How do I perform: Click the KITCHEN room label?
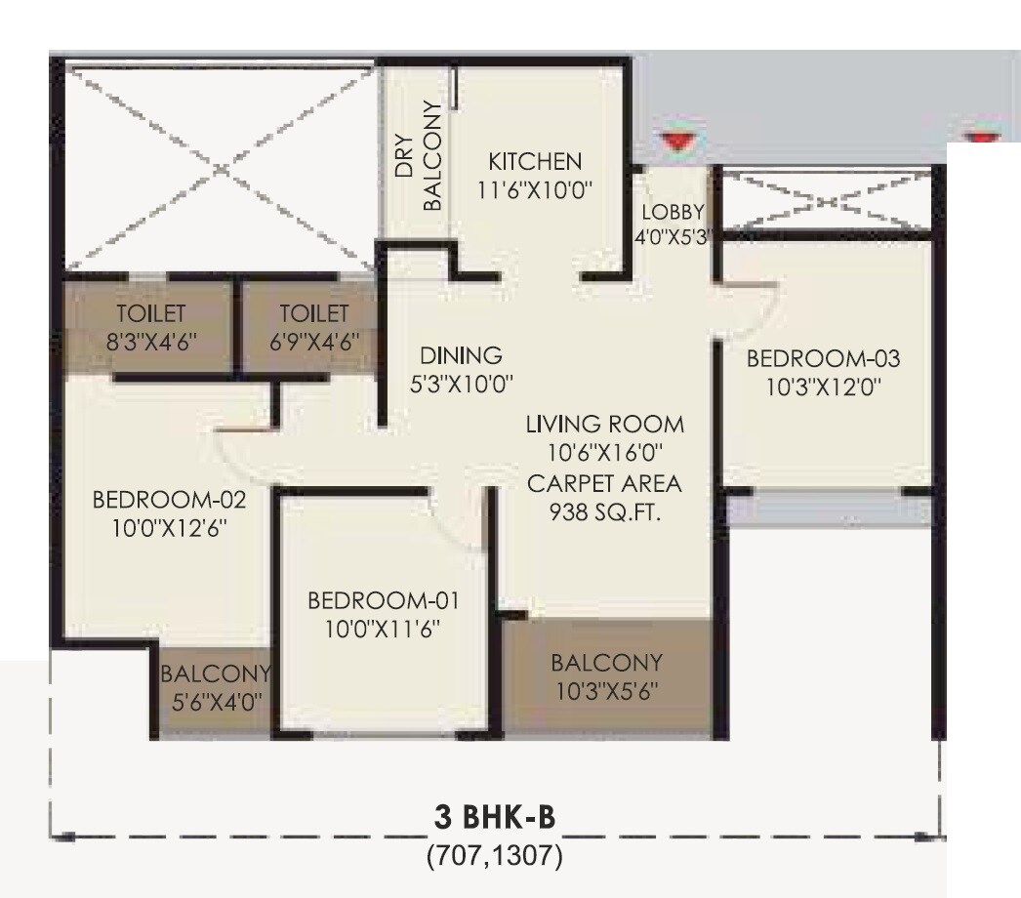(535, 161)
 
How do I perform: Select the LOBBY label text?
(672, 213)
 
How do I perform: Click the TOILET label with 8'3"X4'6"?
(150, 314)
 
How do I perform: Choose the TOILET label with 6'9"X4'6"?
(313, 314)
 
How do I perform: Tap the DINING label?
(461, 355)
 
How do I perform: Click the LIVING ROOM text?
(604, 426)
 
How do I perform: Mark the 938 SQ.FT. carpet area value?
(604, 511)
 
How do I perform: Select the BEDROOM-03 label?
(823, 358)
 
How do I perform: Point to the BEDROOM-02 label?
(169, 501)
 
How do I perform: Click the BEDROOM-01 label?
(383, 599)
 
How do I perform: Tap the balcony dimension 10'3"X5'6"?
(606, 691)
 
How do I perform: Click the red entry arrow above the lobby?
(674, 142)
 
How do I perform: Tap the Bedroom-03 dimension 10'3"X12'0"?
(823, 386)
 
